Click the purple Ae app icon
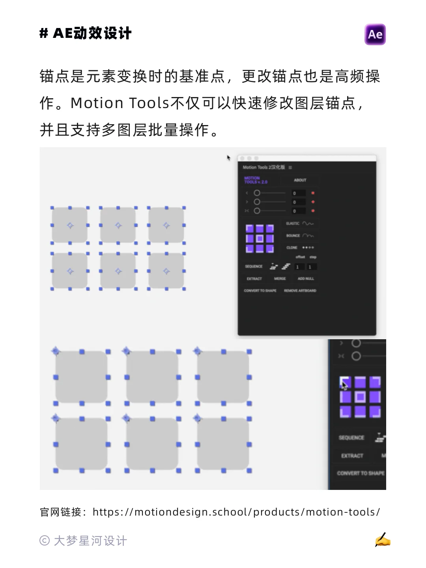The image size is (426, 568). pos(375,34)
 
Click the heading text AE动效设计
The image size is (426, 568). pos(92,34)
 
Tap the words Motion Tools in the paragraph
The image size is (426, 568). pos(120,103)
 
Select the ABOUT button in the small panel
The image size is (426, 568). pos(300,180)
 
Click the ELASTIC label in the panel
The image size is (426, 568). pos(293,224)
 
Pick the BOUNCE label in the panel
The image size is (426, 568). pos(293,235)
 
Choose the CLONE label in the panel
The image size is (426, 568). pos(292,248)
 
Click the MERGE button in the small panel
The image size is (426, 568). pos(280,278)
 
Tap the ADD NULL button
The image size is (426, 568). pos(306,278)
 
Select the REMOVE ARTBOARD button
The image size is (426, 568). pos(300,291)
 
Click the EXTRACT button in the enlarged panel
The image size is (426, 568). pos(352,456)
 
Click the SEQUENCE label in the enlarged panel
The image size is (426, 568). pos(351,437)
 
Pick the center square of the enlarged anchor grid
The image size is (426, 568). pos(360,397)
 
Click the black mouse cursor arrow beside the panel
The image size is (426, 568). pos(228,158)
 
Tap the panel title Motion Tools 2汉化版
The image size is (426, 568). pos(263,167)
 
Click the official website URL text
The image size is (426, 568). pos(236,512)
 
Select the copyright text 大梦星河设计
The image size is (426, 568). pos(90,541)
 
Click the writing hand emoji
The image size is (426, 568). pos(382,540)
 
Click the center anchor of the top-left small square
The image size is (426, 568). pos(70,226)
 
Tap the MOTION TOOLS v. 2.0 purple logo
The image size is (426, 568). pos(256,180)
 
